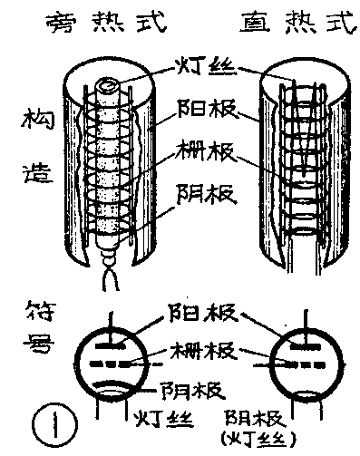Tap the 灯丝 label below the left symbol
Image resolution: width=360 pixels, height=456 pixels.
163,419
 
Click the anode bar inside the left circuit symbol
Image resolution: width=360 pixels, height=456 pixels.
108,344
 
